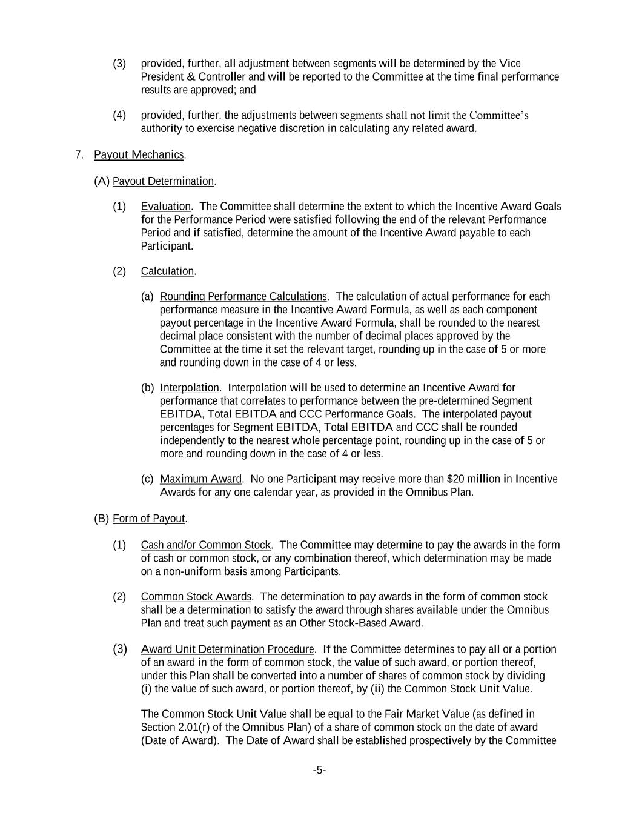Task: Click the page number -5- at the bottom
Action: click(319, 771)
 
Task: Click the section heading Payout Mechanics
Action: click(139, 154)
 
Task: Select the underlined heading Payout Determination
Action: click(163, 181)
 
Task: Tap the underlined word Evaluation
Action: click(165, 207)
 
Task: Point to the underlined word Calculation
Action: click(167, 271)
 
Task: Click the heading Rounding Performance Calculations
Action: click(243, 296)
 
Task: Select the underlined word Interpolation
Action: click(189, 388)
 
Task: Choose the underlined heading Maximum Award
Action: click(200, 479)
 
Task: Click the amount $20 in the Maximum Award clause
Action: click(455, 479)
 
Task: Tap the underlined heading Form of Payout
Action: click(148, 519)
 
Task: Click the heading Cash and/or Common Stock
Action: click(205, 545)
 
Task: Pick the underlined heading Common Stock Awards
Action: click(196, 597)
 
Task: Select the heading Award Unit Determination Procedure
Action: click(227, 649)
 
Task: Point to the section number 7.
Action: click(79, 154)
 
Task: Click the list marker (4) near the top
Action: click(119, 115)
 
